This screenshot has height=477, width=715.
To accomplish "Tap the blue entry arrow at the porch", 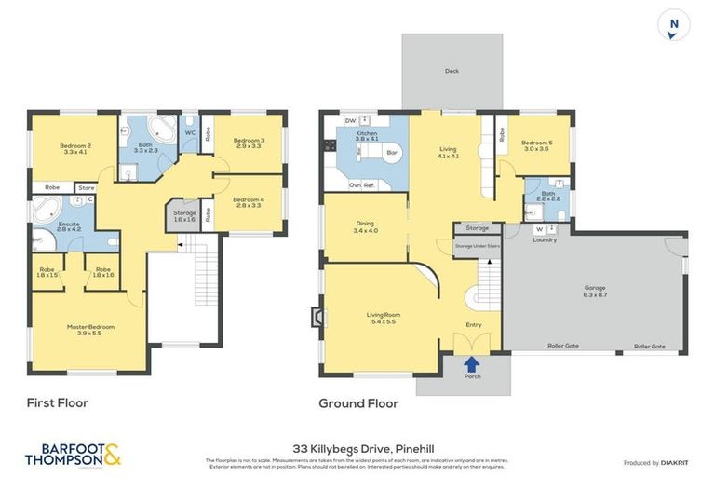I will point(472,364).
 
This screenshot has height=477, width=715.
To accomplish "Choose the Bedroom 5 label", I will point(537,145).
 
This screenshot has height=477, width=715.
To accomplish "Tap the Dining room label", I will point(365,226).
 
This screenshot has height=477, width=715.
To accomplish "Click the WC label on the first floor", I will point(190,132).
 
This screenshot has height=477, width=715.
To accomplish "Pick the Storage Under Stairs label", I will point(477,245).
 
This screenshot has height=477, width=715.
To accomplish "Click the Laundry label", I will point(544,239).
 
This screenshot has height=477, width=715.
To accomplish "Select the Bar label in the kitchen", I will point(391,152).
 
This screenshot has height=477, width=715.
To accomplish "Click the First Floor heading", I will point(57,402).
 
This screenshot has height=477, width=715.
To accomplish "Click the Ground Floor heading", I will point(358,403).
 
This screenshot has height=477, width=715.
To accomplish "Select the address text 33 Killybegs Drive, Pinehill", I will point(357,447).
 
